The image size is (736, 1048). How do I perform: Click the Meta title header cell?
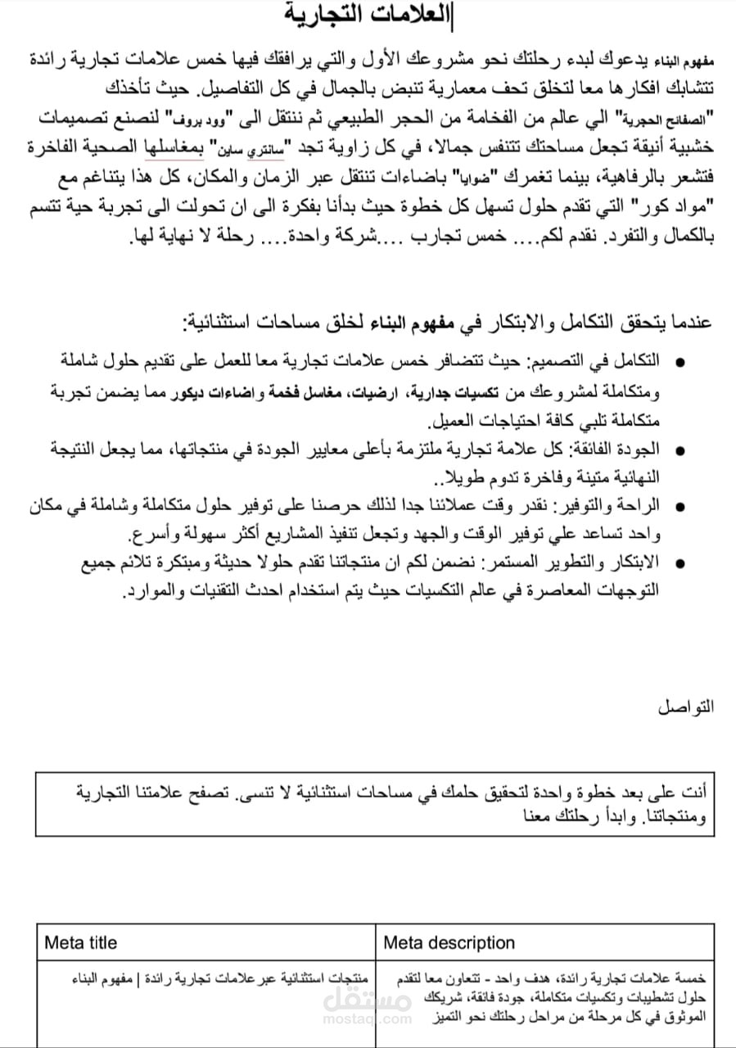[80, 942]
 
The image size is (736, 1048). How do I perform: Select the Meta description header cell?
[449, 942]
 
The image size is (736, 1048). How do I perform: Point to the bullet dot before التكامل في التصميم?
[679, 362]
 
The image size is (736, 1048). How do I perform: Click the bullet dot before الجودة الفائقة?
[679, 450]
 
